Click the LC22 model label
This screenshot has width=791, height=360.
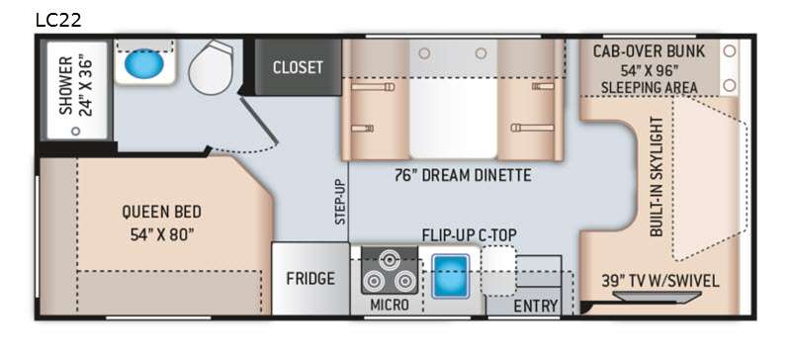pos(58,20)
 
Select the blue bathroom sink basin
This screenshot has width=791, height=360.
pos(143,64)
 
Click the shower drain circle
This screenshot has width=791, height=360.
pos(76,131)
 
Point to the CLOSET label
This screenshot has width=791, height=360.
pos(298,67)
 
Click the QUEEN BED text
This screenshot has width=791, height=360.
pos(161,212)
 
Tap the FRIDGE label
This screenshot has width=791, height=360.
pos(310,279)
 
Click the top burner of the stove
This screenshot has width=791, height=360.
pos(389,260)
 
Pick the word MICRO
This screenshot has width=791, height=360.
pos(389,305)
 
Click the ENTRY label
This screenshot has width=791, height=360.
pos(536,306)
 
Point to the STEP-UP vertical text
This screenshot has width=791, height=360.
pos(341,202)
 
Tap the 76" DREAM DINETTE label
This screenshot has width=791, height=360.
pos(463,175)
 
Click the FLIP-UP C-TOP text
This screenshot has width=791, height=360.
pos(469,235)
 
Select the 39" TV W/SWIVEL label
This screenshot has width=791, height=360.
pos(659,281)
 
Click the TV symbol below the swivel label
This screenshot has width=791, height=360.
pos(657,297)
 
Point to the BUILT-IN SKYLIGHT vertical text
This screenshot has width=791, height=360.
pos(657,176)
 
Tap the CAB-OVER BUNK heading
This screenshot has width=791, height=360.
pos(649,51)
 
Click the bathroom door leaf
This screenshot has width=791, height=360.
pos(259,120)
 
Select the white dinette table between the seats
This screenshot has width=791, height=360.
pos(453,119)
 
